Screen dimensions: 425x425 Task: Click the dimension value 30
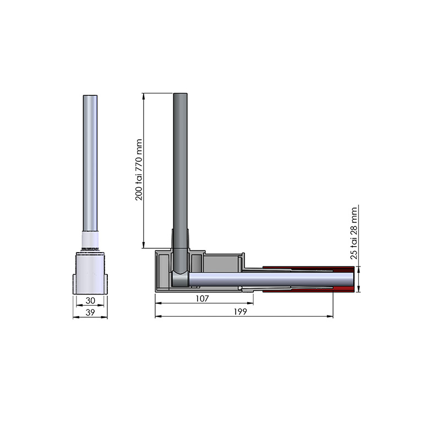pos(90,301)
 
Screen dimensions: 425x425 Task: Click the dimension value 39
pos(90,313)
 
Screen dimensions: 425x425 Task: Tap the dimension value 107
pos(202,298)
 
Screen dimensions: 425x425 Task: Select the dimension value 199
pos(241,312)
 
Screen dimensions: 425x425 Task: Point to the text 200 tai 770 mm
pos(139,170)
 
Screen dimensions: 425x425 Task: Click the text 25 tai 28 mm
pos(354,233)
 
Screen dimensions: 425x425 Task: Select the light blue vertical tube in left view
pos(90,163)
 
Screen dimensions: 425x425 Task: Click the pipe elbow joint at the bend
pos(179,279)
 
